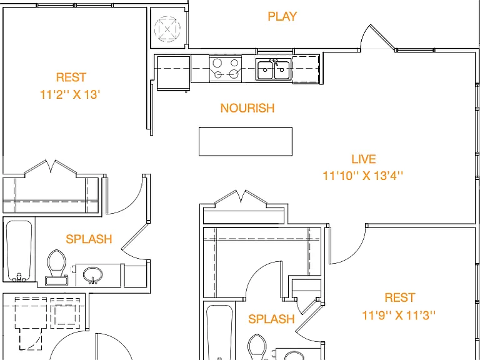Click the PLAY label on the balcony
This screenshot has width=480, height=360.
point(282,16)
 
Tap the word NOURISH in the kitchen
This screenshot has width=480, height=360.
point(247,108)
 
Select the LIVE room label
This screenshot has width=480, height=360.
point(363,159)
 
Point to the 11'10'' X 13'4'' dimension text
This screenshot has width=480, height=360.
point(363,176)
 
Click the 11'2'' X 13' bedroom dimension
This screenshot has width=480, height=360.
point(70,94)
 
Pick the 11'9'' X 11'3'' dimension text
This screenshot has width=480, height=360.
point(399,315)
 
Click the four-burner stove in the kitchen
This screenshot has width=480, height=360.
point(226,68)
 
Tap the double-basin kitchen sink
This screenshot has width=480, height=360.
point(273,70)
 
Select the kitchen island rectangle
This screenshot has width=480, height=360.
point(246,141)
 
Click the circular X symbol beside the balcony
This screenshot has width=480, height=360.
point(167,29)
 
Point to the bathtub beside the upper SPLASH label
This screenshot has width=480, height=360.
point(19,251)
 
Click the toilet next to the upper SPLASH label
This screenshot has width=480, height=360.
point(57,267)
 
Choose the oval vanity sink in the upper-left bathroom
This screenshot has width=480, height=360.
point(92,274)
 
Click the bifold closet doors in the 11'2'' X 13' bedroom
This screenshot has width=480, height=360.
point(51,168)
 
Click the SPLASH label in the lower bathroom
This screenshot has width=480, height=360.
point(271,319)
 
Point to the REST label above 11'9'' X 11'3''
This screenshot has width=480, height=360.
point(400,297)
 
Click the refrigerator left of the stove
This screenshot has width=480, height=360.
point(173,73)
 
